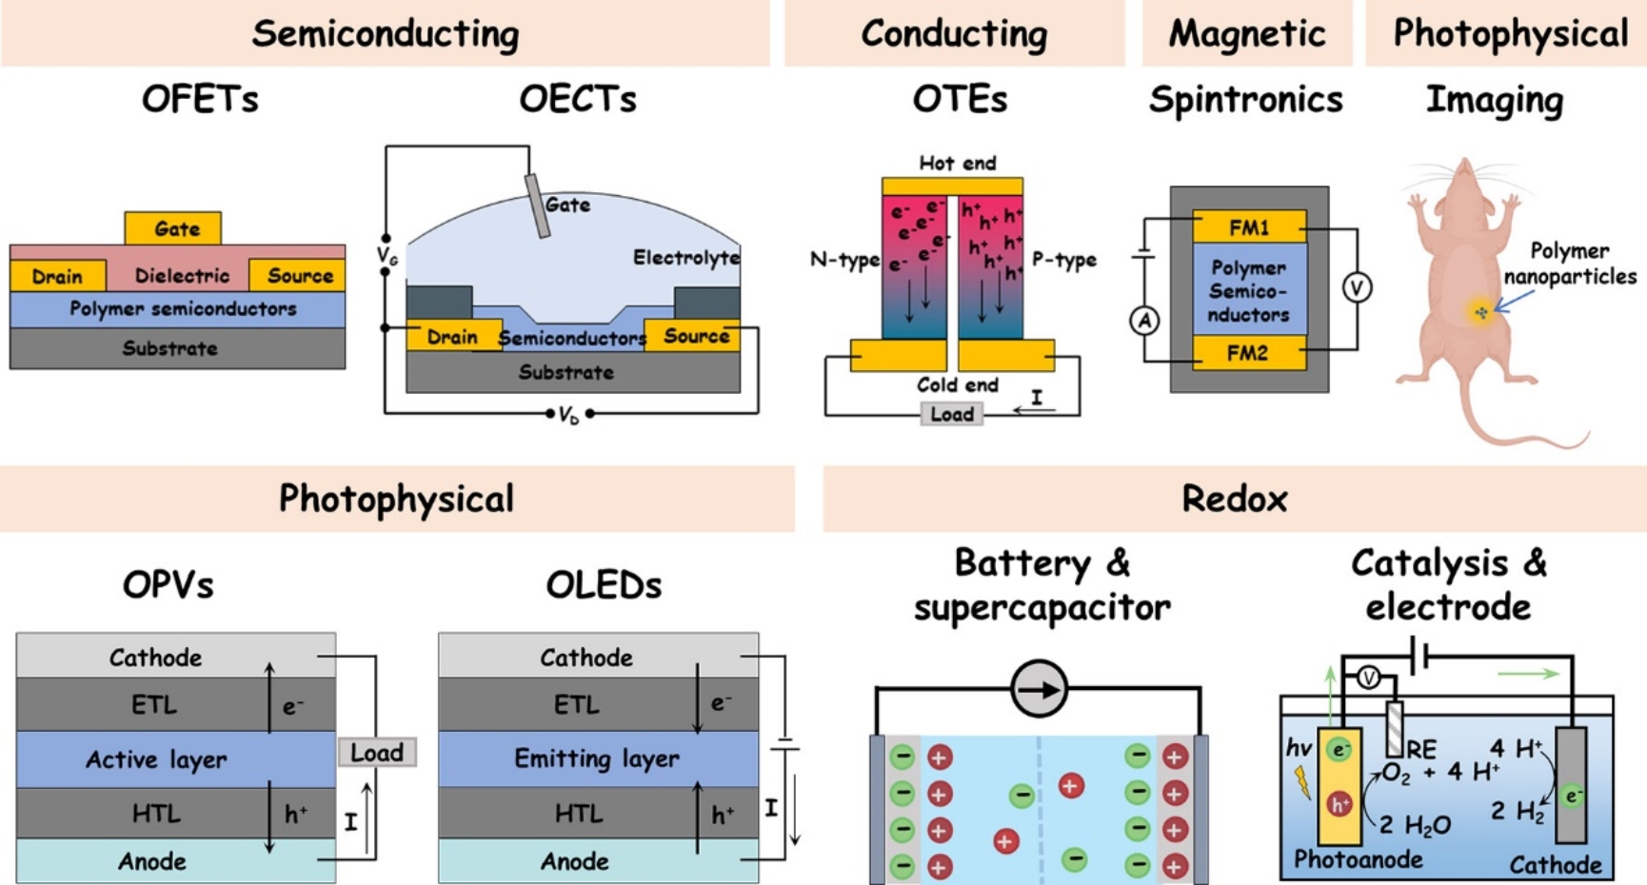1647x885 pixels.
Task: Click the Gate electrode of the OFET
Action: (173, 228)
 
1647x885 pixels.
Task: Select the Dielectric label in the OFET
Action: (182, 276)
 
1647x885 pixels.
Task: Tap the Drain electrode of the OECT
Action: (452, 337)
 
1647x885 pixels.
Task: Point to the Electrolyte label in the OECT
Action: (685, 258)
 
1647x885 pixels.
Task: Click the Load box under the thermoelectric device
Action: (951, 414)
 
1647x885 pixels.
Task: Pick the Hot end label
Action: (957, 164)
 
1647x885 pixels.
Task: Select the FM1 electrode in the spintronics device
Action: (1248, 227)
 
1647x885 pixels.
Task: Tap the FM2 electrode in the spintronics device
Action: (1248, 353)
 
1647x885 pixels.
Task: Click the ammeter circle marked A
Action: (1144, 321)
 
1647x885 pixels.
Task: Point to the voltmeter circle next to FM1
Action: (1357, 287)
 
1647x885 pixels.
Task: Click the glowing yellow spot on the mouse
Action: (1480, 312)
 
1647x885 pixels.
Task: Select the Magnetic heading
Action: (1246, 34)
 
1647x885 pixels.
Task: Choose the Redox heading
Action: (1234, 499)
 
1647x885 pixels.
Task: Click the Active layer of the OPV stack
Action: (156, 759)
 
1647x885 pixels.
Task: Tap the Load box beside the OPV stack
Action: (377, 753)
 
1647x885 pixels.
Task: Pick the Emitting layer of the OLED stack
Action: (597, 758)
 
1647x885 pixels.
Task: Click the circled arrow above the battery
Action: (1039, 689)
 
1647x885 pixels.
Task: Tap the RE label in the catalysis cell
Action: (1422, 750)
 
